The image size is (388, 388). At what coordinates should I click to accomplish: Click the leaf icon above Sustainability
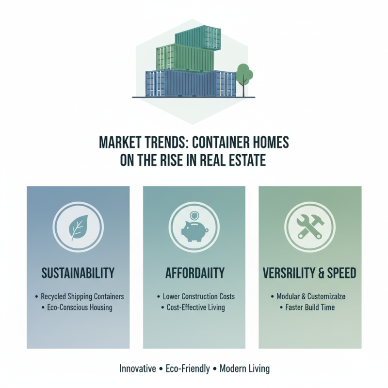[79, 227]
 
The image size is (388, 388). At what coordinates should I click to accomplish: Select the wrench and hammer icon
[310, 226]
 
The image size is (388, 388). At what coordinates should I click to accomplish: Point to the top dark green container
[198, 37]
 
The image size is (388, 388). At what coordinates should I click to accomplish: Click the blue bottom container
[191, 83]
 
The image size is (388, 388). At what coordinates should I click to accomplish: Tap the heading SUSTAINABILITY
[78, 273]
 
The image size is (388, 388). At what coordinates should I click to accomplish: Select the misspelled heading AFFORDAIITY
[195, 273]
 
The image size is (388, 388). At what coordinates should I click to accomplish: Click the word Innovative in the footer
[138, 369]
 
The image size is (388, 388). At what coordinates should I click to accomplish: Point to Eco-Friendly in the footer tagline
[188, 369]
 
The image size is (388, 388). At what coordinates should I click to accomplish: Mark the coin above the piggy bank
[194, 215]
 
